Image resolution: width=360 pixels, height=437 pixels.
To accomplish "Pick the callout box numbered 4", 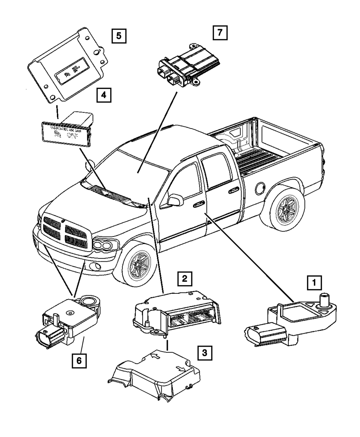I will pyautogui.click(x=103, y=95).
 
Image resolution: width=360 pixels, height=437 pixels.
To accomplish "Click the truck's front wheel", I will pyautogui.click(x=138, y=265).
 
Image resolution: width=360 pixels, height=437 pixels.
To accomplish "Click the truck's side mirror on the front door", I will pyautogui.click(x=174, y=200).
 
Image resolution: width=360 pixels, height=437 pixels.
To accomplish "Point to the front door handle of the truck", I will pyautogui.click(x=198, y=205).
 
